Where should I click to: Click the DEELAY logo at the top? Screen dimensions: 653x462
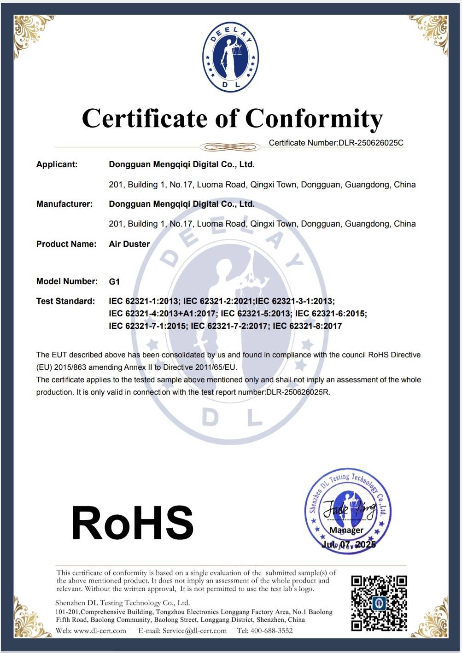tap(230, 57)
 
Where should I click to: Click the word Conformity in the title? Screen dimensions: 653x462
tap(314, 118)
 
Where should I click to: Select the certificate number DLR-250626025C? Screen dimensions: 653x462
tap(371, 143)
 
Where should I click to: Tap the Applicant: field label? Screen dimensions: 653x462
tap(57, 164)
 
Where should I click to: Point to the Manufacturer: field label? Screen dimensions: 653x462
tap(64, 204)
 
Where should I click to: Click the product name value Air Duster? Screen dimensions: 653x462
tap(129, 244)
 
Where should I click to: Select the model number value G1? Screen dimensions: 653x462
tap(114, 281)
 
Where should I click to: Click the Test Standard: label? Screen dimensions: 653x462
tap(65, 301)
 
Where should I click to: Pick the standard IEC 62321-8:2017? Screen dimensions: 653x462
tap(307, 326)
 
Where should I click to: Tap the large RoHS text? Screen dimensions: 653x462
tap(132, 523)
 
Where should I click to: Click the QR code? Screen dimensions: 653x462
tap(379, 602)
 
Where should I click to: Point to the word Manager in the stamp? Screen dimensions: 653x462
tap(346, 530)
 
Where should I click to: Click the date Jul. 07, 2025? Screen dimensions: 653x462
tap(348, 544)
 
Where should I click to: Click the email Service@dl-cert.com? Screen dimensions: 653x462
tap(194, 630)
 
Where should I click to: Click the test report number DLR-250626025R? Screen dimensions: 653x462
tap(298, 392)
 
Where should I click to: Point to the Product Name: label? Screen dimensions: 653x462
tap(66, 244)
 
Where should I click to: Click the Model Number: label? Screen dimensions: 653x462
tap(67, 281)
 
